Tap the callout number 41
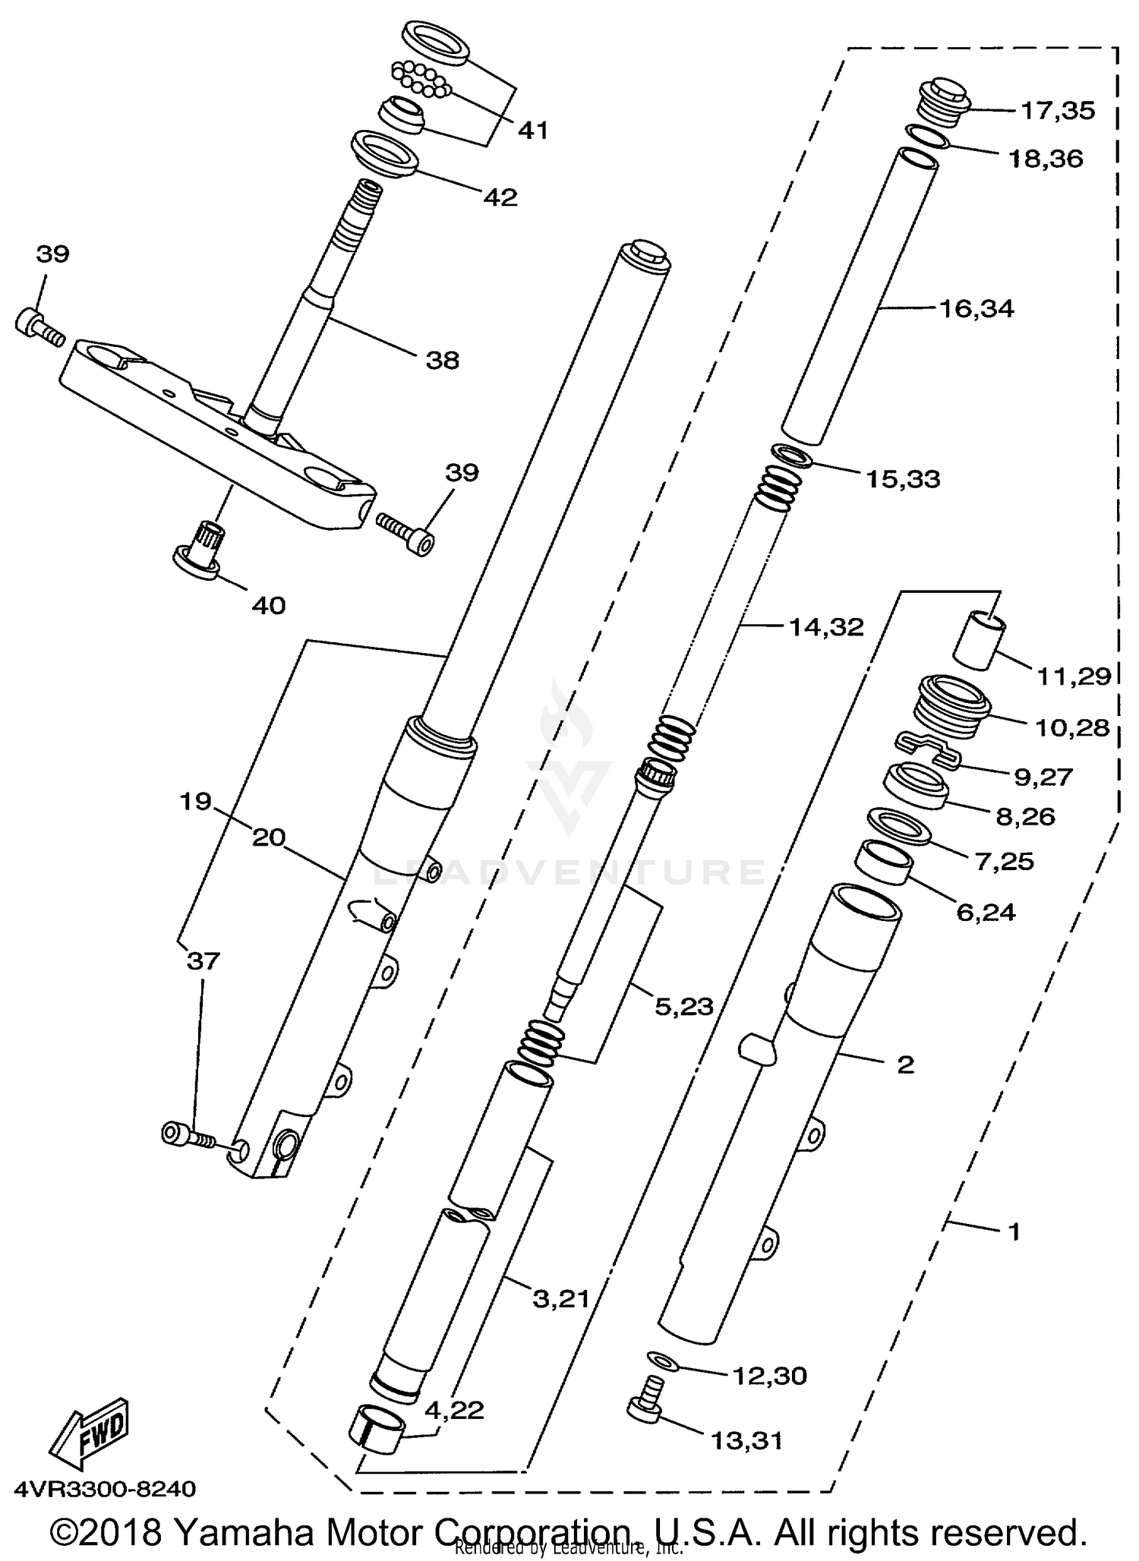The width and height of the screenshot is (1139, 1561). [532, 131]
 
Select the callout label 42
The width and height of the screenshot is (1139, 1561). [500, 198]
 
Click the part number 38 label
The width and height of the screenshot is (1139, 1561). [442, 360]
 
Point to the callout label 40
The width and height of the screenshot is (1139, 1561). [268, 605]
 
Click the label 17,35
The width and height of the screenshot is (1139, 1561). [1058, 111]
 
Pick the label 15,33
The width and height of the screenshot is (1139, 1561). [903, 479]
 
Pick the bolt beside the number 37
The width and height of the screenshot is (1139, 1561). [188, 1136]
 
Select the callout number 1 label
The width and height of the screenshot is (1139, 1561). [1014, 1231]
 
